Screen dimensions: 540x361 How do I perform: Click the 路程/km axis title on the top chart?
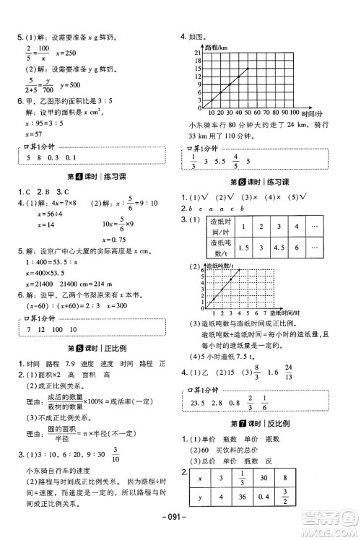(x=217, y=48)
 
